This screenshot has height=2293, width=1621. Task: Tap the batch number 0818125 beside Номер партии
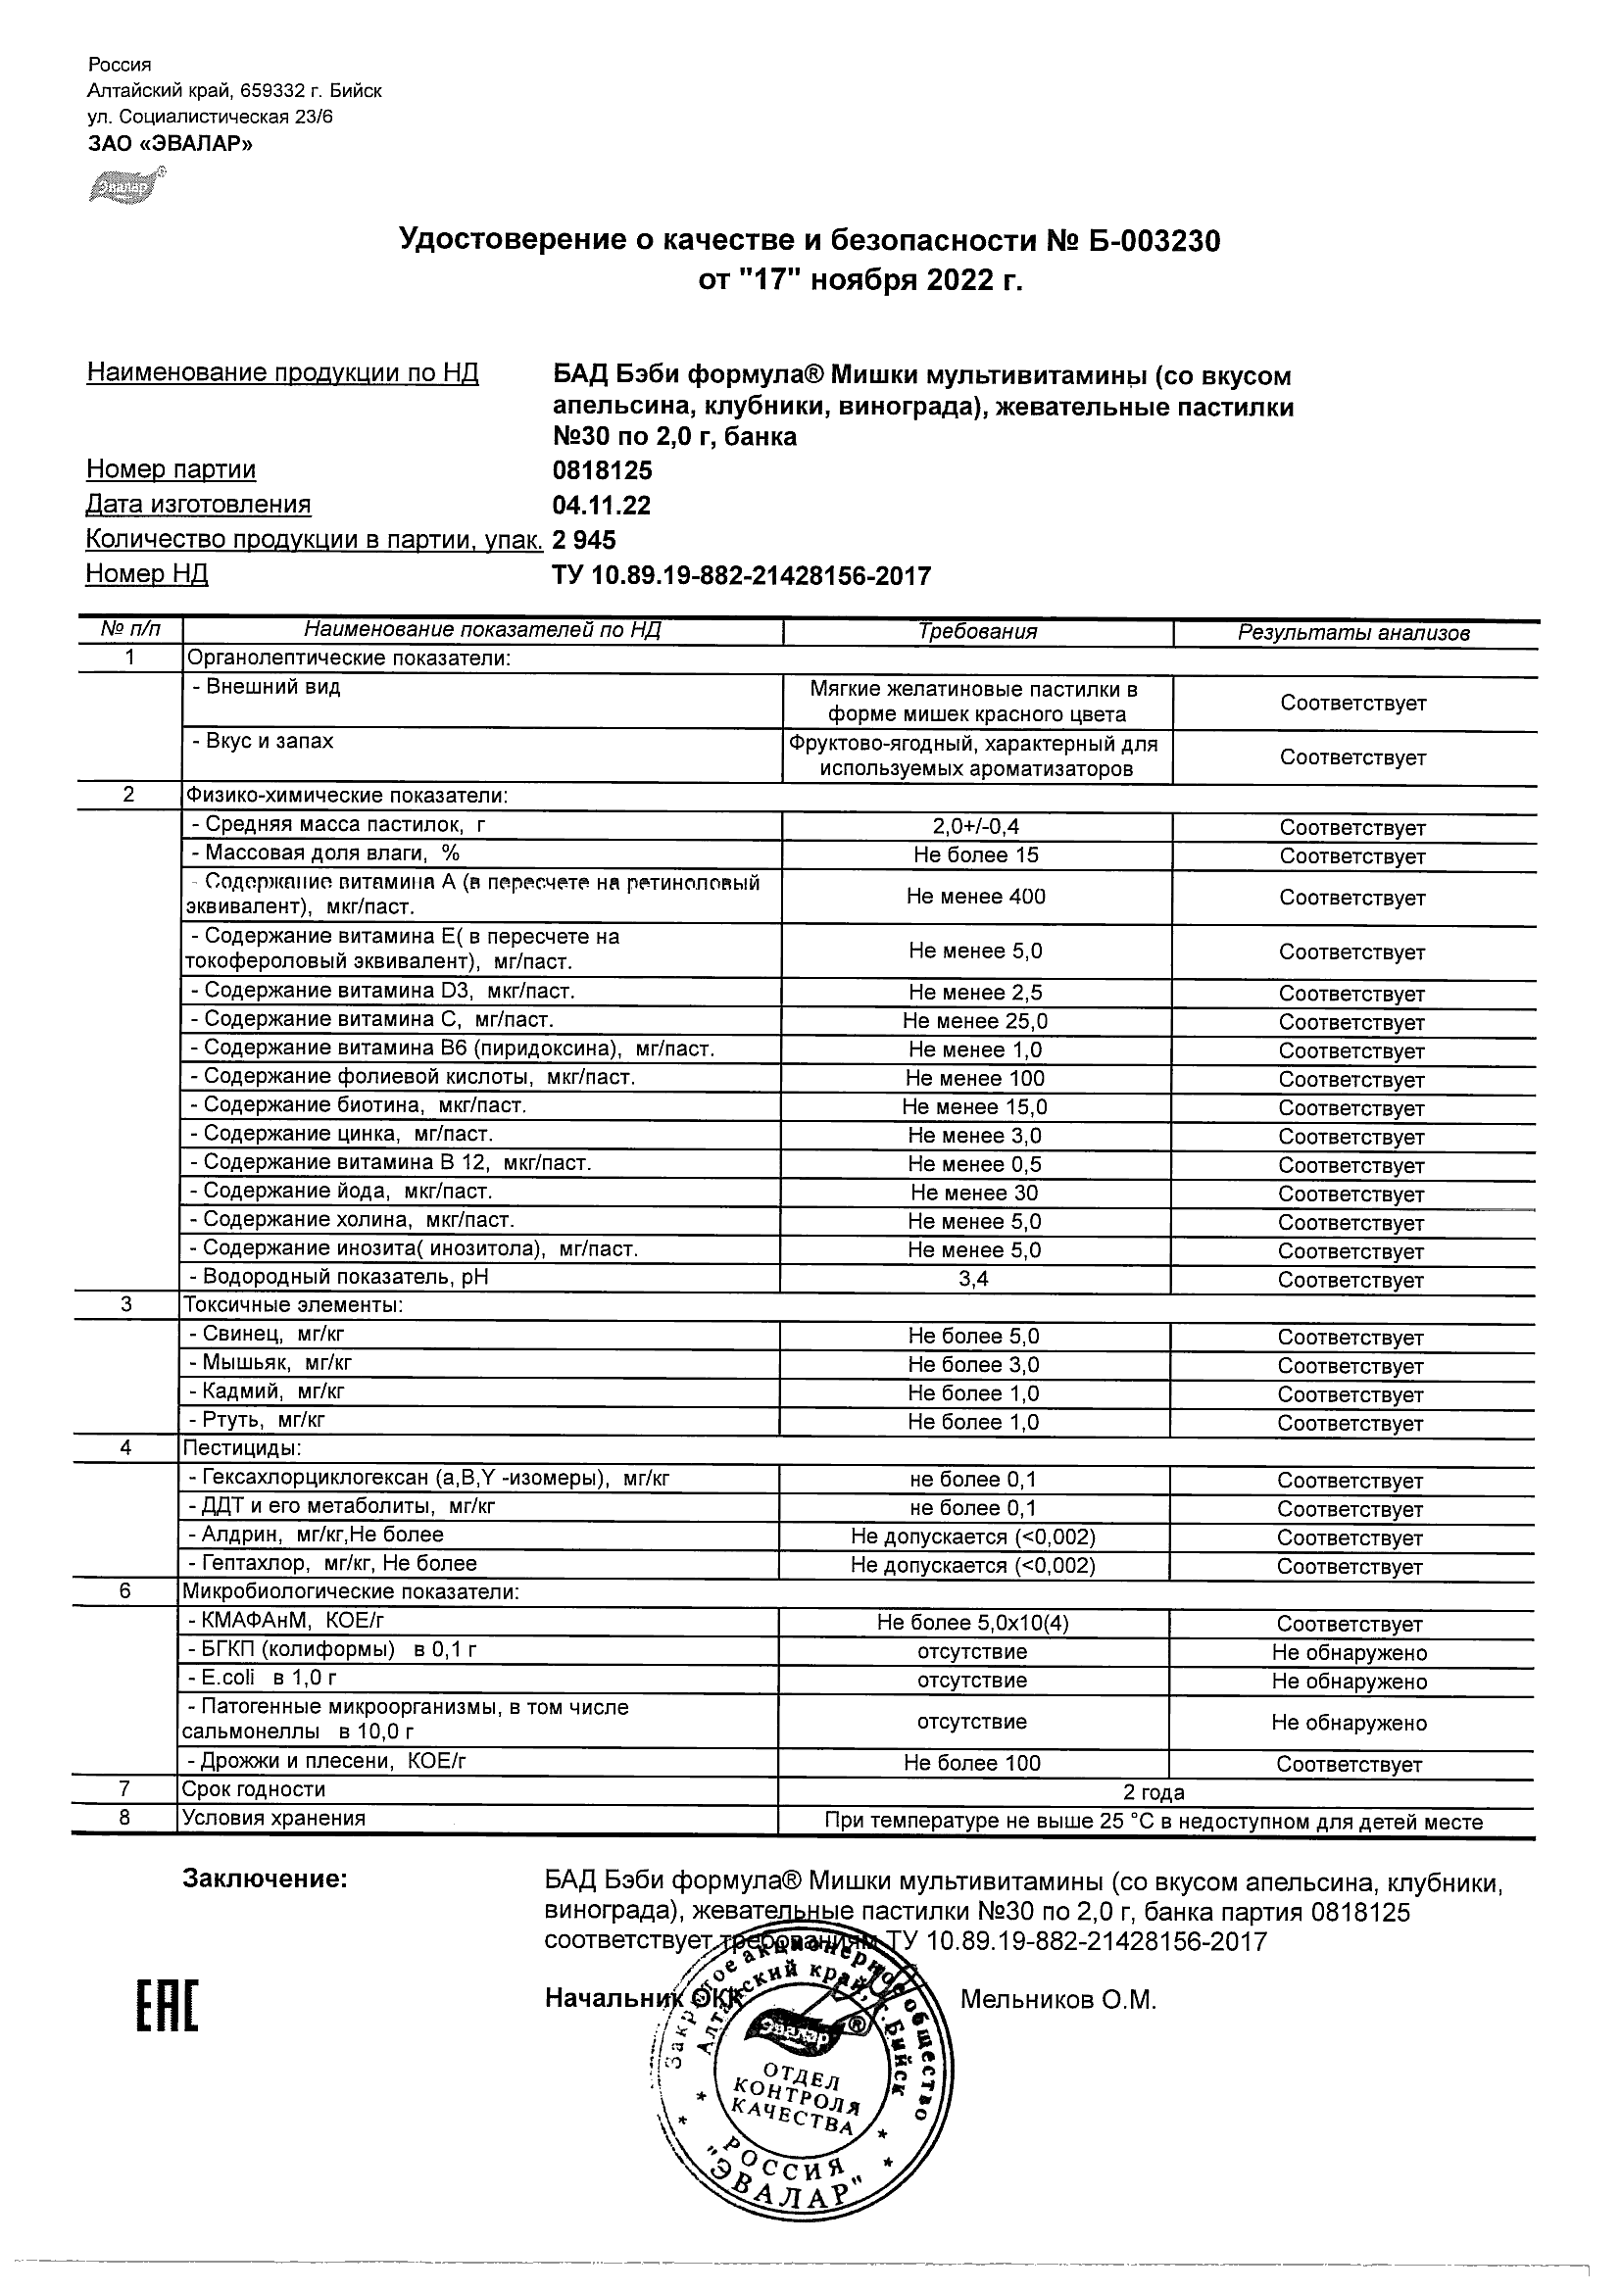603,470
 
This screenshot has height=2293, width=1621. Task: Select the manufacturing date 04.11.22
601,506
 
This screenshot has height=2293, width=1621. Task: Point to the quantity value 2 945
584,540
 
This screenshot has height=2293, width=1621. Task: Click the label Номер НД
147,574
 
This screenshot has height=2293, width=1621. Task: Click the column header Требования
977,632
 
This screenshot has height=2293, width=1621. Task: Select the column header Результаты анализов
1353,633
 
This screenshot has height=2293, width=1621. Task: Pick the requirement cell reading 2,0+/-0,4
976,826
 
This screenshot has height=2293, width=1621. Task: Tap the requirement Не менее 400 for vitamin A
976,897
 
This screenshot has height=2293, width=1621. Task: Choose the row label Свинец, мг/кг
267,1335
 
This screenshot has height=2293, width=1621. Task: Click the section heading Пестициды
242,1448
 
